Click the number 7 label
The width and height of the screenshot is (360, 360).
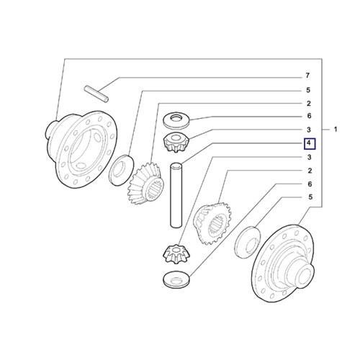pyautogui.click(x=307, y=76)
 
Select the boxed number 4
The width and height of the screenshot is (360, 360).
pyautogui.click(x=310, y=143)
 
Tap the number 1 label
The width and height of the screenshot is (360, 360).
pyautogui.click(x=336, y=130)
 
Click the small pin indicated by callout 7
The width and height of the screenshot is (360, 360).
pyautogui.click(x=96, y=94)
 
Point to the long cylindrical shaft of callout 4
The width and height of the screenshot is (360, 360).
pyautogui.click(x=176, y=195)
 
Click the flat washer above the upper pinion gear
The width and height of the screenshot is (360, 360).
pyautogui.click(x=176, y=120)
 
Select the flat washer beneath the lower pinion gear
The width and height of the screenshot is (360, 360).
pyautogui.click(x=176, y=279)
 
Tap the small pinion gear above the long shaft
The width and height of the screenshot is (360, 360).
pyautogui.click(x=176, y=143)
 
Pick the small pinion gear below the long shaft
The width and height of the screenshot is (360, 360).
pyautogui.click(x=176, y=253)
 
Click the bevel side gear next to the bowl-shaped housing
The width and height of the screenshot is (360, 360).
pyautogui.click(x=146, y=184)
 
